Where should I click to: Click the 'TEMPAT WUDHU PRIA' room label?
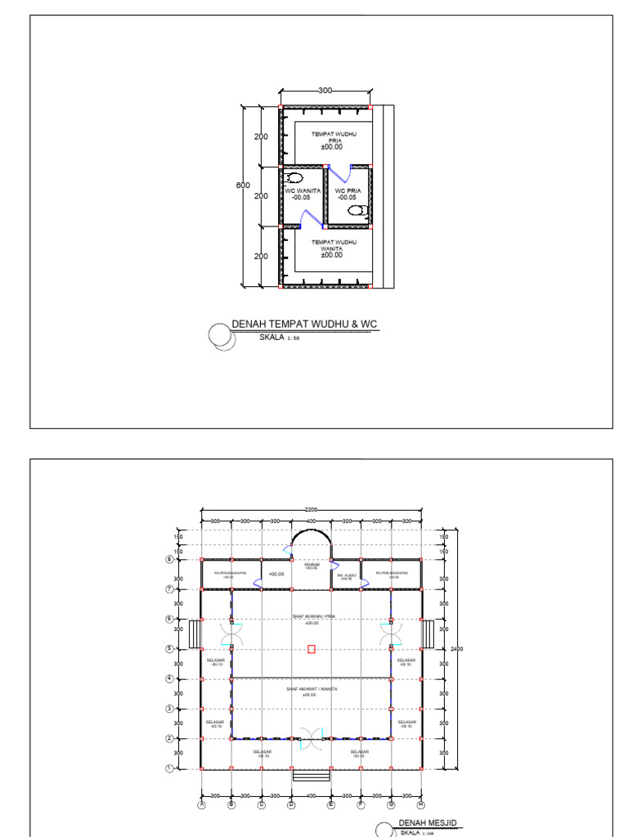331,137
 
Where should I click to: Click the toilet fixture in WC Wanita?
294,177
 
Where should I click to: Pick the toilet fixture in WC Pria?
357,210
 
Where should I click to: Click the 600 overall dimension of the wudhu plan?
243,186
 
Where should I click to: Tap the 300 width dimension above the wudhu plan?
325,90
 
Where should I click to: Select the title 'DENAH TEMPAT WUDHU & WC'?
305,325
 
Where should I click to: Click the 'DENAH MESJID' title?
426,822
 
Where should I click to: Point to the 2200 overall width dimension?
312,509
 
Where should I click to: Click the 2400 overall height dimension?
456,649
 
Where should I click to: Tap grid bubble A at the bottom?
201,804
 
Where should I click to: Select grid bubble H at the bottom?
421,804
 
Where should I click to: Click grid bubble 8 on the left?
169,559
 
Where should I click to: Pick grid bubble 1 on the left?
169,768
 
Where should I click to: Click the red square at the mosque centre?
312,649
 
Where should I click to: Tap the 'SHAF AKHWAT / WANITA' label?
312,689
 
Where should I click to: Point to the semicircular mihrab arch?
312,539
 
